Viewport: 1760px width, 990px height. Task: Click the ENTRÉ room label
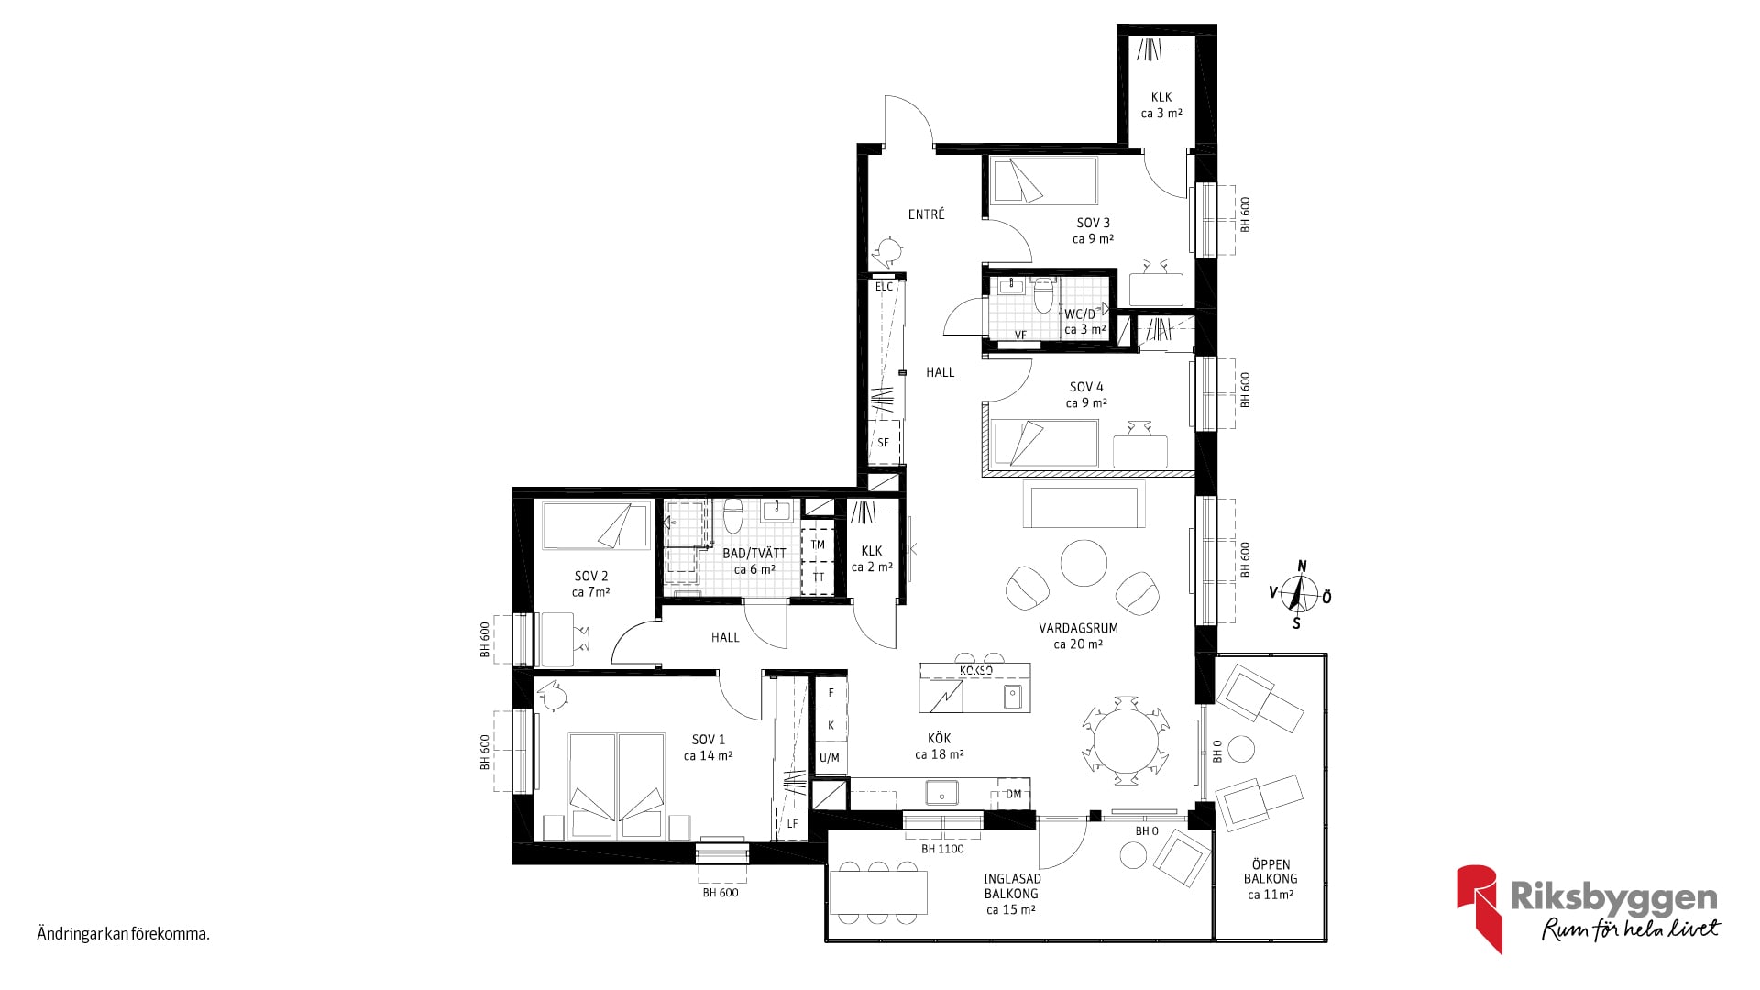tap(926, 214)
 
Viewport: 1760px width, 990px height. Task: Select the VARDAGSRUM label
tap(1078, 629)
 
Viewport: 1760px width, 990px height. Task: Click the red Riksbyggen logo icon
tap(1479, 907)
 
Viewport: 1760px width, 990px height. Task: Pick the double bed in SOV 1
tap(616, 786)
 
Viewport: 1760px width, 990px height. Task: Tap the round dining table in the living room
tap(1126, 740)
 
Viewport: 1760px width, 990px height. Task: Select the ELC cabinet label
tap(884, 287)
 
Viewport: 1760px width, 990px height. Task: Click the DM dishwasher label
tap(1013, 794)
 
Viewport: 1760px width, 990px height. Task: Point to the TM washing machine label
tap(818, 544)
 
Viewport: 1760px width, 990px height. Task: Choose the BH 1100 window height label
tap(942, 849)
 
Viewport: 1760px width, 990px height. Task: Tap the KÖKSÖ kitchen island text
tap(976, 671)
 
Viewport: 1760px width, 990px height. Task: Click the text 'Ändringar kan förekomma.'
tap(124, 935)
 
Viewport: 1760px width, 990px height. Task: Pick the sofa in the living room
tap(1083, 506)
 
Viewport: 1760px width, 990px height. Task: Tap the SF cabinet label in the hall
tap(883, 443)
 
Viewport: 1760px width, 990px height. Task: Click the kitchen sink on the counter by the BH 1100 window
tap(941, 792)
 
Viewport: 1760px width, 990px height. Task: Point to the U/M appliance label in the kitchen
tap(829, 758)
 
